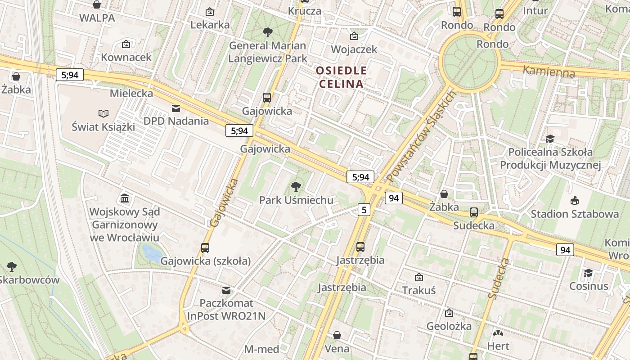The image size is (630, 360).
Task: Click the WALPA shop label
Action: pos(97,18)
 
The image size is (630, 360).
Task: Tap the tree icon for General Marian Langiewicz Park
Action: pos(267,32)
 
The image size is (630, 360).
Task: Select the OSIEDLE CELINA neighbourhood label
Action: pos(341,77)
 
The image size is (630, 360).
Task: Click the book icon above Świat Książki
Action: pos(103,114)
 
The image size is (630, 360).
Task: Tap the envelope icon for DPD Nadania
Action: pos(176,108)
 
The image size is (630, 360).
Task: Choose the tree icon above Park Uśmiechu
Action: pos(296,186)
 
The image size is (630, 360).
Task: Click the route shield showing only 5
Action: pos(364,209)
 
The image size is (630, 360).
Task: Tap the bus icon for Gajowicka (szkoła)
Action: pos(205,247)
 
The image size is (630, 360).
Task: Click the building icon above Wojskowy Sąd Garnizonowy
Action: pos(125,198)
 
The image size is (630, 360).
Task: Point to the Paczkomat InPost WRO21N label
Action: pos(226,310)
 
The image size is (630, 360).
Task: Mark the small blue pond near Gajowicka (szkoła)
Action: pos(152,253)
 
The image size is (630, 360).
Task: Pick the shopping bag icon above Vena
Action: pos(337,335)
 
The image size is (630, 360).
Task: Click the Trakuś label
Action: pos(419,290)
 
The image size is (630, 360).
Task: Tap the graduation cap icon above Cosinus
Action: pos(588,273)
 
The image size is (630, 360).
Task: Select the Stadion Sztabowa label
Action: pos(574,214)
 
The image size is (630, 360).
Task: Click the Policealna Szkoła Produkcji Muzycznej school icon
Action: pos(550,139)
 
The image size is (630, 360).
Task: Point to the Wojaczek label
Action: pos(354,49)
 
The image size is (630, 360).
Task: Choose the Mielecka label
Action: pos(131,94)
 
